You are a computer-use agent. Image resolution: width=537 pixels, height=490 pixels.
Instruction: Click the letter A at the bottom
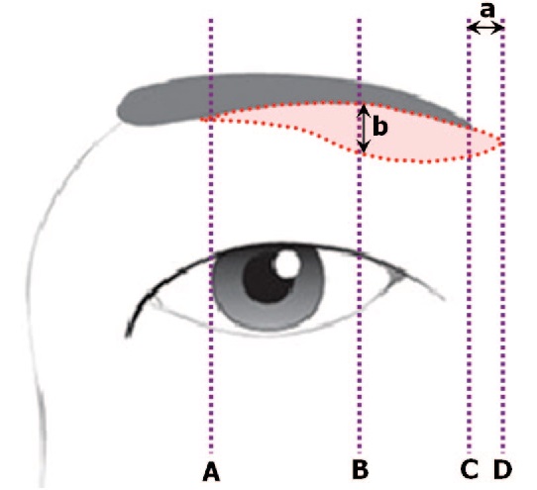pyautogui.click(x=211, y=472)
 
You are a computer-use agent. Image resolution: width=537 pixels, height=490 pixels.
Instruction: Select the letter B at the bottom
pyautogui.click(x=360, y=469)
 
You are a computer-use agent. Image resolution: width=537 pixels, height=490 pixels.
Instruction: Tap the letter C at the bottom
pyautogui.click(x=470, y=469)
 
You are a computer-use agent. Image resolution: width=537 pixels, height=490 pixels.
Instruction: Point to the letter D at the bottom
pyautogui.click(x=502, y=469)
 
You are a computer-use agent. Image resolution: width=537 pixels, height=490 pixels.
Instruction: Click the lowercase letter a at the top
pyautogui.click(x=487, y=11)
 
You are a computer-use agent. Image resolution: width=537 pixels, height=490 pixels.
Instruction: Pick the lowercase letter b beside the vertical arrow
pyautogui.click(x=380, y=126)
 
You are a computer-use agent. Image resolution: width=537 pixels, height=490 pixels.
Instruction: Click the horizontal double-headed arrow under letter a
pyautogui.click(x=485, y=28)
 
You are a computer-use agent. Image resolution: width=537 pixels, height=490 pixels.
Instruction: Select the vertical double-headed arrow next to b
pyautogui.click(x=364, y=129)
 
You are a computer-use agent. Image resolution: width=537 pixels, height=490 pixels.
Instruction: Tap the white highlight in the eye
pyautogui.click(x=287, y=264)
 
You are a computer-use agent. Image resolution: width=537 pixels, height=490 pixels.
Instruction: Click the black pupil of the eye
pyautogui.click(x=267, y=278)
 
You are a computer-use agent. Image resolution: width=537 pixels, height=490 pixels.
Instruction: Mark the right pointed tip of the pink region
pyautogui.click(x=500, y=142)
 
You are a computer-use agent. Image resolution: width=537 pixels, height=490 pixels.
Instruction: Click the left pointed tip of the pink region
pyautogui.click(x=202, y=119)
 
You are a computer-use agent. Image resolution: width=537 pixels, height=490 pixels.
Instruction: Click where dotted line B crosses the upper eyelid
pyautogui.click(x=360, y=254)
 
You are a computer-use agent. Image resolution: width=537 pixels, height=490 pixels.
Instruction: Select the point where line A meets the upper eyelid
pyautogui.click(x=211, y=256)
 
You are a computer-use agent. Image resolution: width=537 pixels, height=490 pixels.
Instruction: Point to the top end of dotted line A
pyautogui.click(x=211, y=21)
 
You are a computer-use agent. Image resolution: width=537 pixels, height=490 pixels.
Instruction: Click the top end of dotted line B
pyautogui.click(x=360, y=21)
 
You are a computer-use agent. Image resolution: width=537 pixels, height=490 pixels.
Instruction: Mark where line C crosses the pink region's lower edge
pyautogui.click(x=470, y=156)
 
